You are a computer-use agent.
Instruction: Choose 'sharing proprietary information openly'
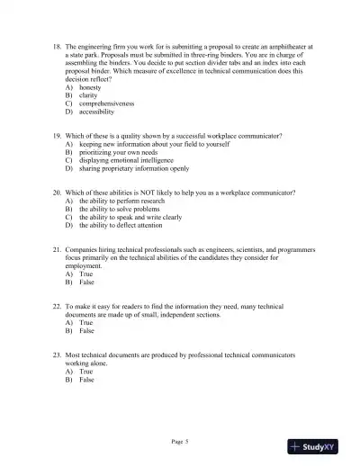[x=134, y=168]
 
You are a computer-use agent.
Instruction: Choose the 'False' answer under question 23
[x=87, y=380]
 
